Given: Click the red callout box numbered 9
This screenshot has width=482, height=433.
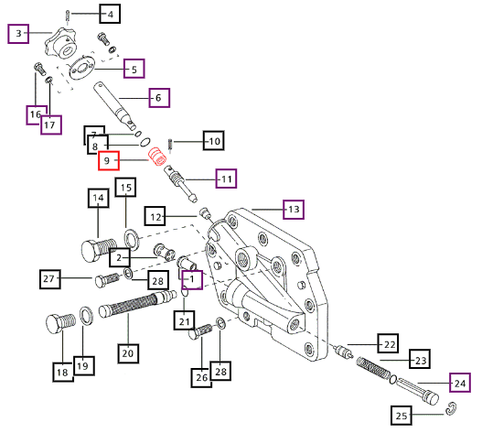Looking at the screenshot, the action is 109,160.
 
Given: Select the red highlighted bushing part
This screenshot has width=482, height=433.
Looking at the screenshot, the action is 157,157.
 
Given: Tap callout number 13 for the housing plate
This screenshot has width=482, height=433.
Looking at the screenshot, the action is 294,210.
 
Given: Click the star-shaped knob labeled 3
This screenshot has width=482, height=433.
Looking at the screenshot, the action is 60,45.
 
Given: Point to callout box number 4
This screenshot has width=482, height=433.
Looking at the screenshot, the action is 110,14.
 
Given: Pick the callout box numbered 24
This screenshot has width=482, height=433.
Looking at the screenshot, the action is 460,383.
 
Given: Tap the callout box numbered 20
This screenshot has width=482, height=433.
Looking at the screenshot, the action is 128,353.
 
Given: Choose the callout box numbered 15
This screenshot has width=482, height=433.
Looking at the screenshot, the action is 125,187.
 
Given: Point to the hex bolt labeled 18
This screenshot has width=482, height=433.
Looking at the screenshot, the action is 60,323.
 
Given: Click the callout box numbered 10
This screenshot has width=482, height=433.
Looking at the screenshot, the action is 214,141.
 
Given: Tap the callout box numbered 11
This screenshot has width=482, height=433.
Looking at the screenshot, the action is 226,179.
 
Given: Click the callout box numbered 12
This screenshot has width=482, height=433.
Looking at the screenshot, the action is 155,216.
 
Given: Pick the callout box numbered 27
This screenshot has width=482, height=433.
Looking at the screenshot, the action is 49,279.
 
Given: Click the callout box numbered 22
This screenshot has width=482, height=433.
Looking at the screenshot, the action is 389,343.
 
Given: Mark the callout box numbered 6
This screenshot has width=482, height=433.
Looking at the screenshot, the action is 159,98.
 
